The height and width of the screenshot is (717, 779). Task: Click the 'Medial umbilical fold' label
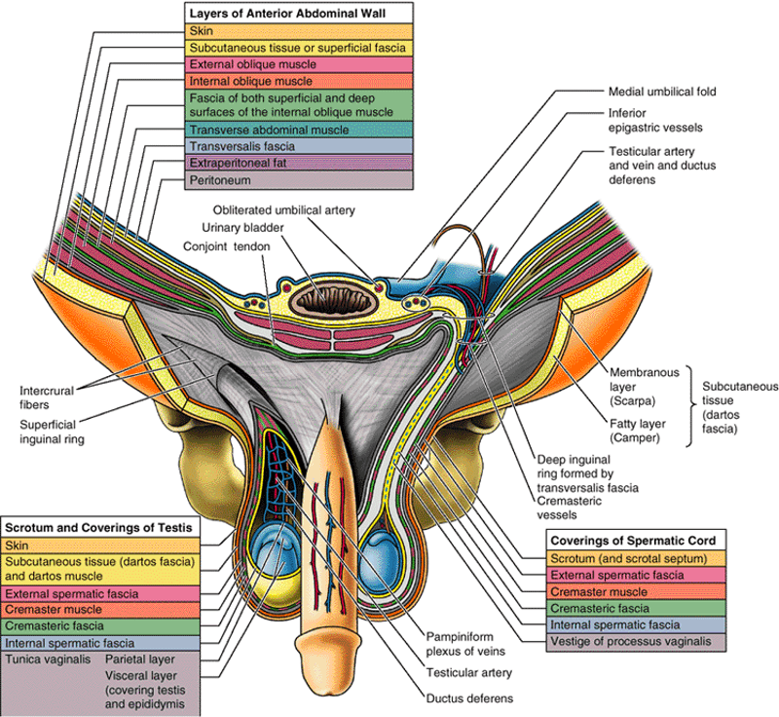[662, 92]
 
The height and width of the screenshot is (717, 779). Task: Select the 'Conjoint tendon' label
[227, 246]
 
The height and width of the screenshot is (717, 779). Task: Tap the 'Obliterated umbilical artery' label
[284, 210]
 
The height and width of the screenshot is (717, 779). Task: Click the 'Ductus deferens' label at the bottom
[468, 698]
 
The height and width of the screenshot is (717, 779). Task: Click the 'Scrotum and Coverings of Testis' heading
[101, 527]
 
